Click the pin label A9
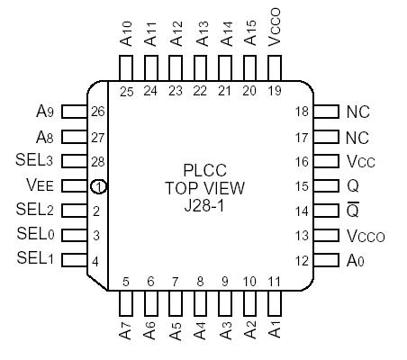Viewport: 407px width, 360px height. pyautogui.click(x=45, y=112)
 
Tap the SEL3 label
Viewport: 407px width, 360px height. pyautogui.click(x=35, y=161)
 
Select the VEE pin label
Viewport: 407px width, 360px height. pyautogui.click(x=40, y=186)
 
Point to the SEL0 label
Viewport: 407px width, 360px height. pyautogui.click(x=35, y=235)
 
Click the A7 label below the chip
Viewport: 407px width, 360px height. pyautogui.click(x=125, y=329)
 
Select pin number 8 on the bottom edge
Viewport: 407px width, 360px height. pyautogui.click(x=199, y=282)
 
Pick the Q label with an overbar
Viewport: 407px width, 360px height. pyautogui.click(x=353, y=211)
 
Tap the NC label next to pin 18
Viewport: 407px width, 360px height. pyautogui.click(x=357, y=112)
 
